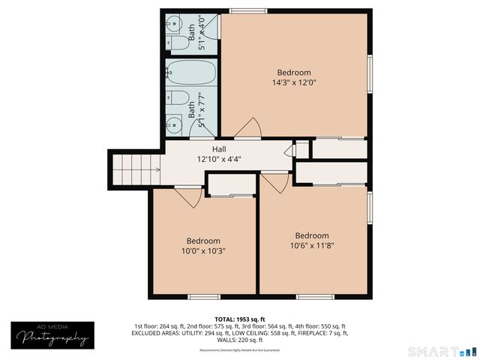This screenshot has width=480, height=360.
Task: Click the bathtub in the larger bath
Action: pos(191,73)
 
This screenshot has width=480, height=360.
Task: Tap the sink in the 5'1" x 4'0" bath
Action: pos(172,21)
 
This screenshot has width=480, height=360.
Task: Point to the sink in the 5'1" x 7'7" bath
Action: pos(173,122)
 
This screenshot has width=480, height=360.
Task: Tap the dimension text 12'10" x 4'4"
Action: pos(219,160)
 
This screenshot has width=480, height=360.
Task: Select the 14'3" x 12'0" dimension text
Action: pos(293,83)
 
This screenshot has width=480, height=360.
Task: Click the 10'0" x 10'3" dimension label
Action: pos(203,251)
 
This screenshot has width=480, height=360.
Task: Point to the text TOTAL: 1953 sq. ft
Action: pos(239,319)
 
